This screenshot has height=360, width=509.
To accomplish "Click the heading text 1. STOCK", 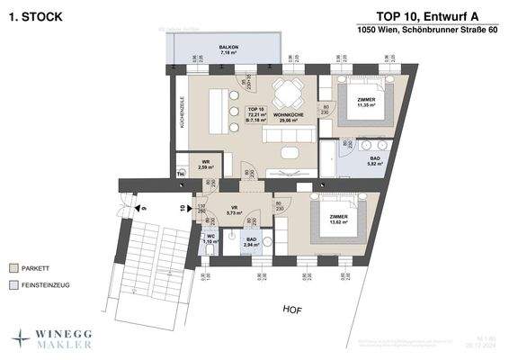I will tap(31, 15).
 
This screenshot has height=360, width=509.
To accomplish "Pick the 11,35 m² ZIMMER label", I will tap(367, 102).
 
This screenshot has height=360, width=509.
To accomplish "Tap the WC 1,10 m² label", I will tap(210, 239).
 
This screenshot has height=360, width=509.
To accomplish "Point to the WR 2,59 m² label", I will tap(206, 165).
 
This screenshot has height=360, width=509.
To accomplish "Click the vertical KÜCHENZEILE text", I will tap(182, 112).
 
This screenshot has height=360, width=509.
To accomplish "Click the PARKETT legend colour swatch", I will tap(13, 268).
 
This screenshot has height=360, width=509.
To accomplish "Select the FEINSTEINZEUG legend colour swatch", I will tap(13, 285).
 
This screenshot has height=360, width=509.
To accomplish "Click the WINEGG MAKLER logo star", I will tap(21, 337).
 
